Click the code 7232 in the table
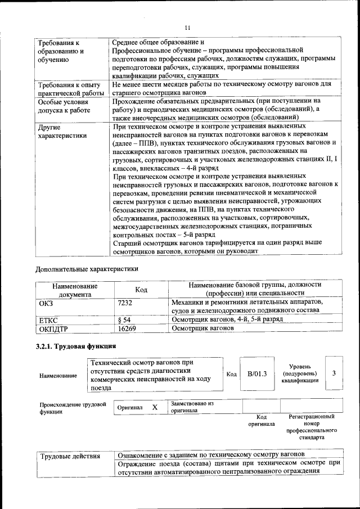pos(126,303)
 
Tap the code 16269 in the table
pos(127,327)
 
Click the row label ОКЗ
pos(46,303)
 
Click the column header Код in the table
pos(141,289)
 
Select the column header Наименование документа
pos(75,289)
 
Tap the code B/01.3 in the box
pos(256,374)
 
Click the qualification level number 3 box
pos(334,373)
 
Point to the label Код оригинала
pos(262,420)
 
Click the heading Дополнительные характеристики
pos(87,268)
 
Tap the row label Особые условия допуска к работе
pos(64,110)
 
